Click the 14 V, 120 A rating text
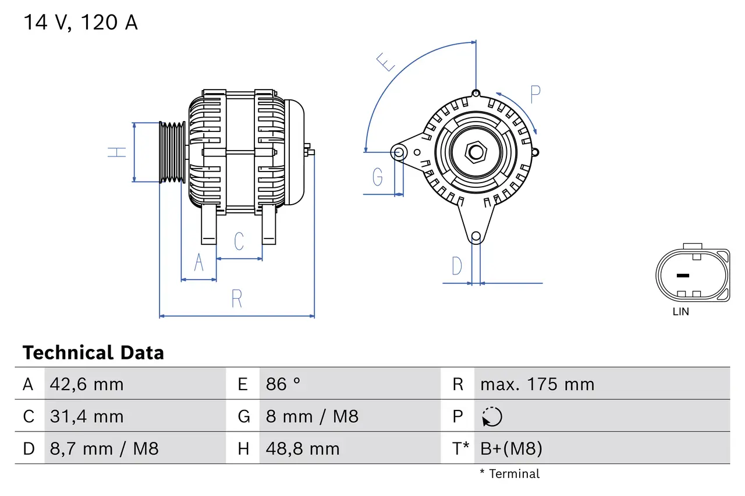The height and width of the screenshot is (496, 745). coord(80,22)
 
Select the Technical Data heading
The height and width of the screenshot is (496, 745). coord(93,353)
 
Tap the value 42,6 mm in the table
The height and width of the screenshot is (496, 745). coord(87,384)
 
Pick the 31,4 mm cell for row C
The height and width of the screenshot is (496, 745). coord(87,416)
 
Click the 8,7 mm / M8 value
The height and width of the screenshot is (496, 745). coord(104,448)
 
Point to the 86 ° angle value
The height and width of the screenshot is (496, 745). coord(283,384)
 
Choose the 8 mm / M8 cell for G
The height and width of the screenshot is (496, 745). coord(312,416)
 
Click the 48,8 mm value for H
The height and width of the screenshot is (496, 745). coord(303,448)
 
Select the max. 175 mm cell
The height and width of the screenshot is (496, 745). coord(537,384)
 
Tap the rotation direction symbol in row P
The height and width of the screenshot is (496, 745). coord(492,416)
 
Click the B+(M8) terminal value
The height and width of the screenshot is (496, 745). coord(511,448)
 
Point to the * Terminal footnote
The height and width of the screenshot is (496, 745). coord(509,474)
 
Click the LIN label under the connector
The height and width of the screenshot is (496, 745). coord(680,312)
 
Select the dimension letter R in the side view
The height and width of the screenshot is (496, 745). coord(236,298)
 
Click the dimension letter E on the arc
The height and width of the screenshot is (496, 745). coord(385,61)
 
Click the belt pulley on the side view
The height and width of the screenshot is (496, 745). coord(172,152)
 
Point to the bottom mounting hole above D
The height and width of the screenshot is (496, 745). coord(476,236)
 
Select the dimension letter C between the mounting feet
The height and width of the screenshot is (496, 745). coord(239,241)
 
